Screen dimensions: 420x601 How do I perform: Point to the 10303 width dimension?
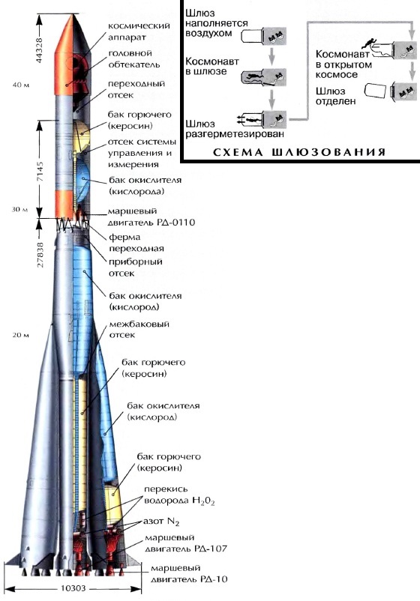point(73,588)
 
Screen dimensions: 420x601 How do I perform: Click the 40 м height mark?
point(21,85)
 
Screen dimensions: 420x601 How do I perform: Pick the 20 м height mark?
point(21,335)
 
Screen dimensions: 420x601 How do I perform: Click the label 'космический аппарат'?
point(139,31)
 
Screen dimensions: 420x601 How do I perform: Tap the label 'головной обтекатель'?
point(133,58)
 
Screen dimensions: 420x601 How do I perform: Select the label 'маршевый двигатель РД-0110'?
point(151,217)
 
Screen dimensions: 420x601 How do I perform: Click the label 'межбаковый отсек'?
point(139,329)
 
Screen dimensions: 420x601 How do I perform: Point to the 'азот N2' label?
point(161,522)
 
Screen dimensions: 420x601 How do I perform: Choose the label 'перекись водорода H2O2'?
point(179,495)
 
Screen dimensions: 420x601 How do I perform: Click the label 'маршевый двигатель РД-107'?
point(186,543)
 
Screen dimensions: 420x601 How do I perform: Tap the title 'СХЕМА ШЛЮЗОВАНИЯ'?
point(298,152)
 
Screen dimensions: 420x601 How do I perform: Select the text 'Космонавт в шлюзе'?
point(212,66)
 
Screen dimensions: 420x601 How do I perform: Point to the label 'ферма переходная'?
point(136,243)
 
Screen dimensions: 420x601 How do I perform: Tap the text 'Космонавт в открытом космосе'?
point(343,64)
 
